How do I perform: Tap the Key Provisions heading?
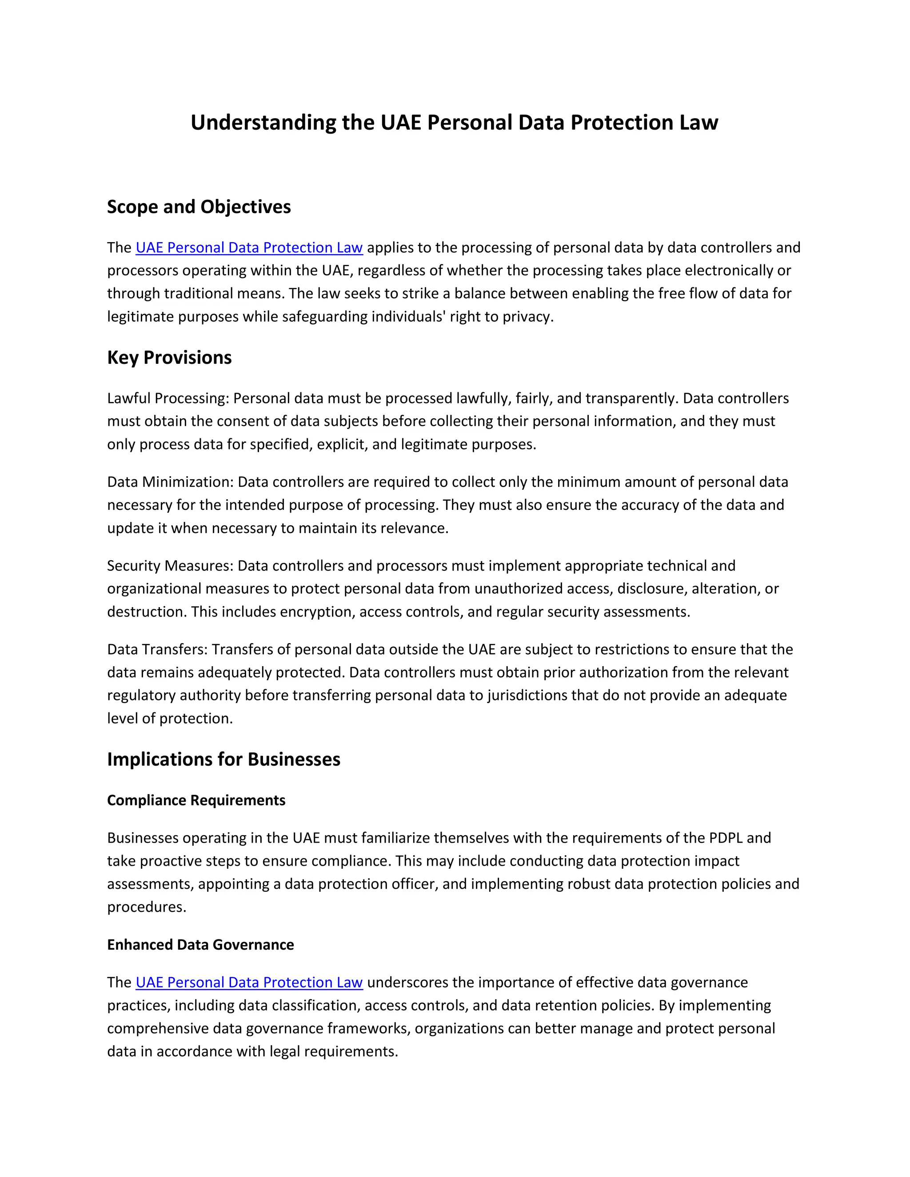(x=169, y=358)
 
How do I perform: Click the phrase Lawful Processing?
(x=168, y=398)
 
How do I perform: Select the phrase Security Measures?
(x=170, y=566)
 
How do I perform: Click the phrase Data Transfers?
(x=157, y=649)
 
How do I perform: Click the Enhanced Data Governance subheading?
(x=200, y=945)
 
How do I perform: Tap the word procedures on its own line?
(x=146, y=907)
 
